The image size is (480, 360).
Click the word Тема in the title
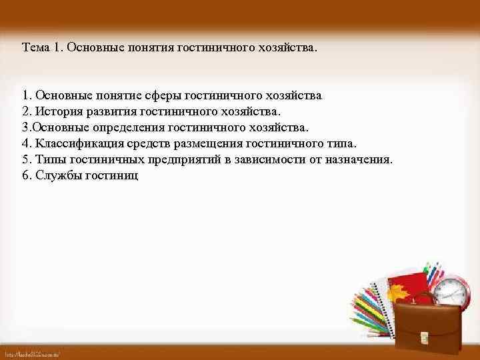pos(35,48)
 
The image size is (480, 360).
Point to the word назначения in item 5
pos(359,160)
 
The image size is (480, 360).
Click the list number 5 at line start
pos(25,160)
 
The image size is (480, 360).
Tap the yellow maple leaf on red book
pos(399,291)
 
